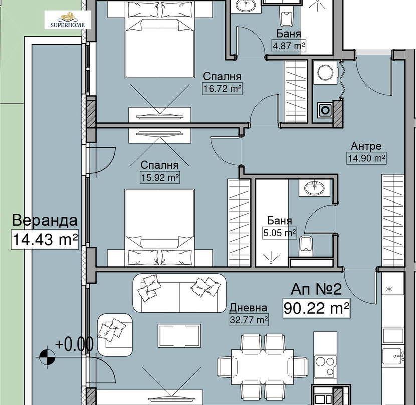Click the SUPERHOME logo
[68, 20]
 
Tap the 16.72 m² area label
[223, 88]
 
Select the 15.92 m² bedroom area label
[160, 177]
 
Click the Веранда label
[45, 220]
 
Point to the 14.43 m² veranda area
[45, 239]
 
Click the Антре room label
[366, 146]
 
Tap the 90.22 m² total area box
[316, 308]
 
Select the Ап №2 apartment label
[316, 289]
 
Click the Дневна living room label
[248, 308]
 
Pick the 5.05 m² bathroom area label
[279, 233]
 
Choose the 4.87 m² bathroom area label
[289, 46]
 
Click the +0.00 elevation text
[74, 344]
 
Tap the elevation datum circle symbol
[47, 357]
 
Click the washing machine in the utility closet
[325, 72]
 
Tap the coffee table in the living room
[179, 336]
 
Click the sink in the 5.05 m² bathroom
[314, 188]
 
